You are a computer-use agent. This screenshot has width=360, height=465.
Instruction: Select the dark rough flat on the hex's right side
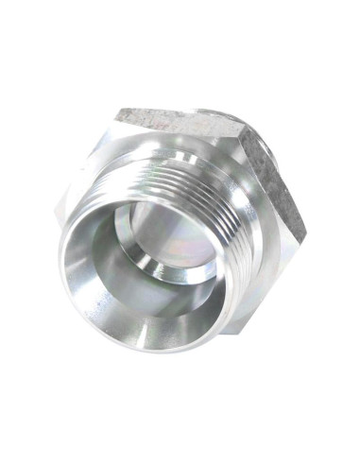click(x=278, y=180)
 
